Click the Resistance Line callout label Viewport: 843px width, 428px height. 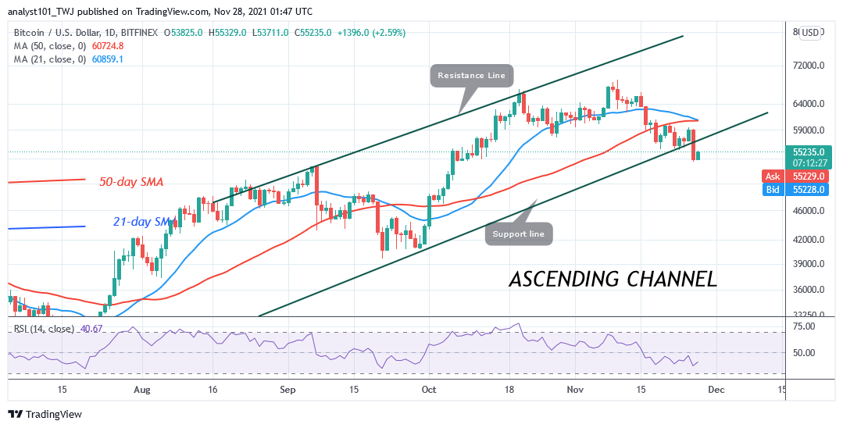(471, 76)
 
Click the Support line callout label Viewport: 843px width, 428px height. (520, 234)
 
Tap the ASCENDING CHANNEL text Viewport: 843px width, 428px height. (613, 279)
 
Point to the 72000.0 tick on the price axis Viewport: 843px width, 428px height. (809, 66)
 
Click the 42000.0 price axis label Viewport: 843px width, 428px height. (809, 240)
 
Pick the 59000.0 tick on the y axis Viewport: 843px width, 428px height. (809, 130)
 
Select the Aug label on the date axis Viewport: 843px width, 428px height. (141, 389)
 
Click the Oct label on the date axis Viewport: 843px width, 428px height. (429, 389)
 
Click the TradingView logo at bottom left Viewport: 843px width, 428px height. (45, 414)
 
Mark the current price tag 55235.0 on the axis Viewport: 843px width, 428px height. (810, 153)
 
